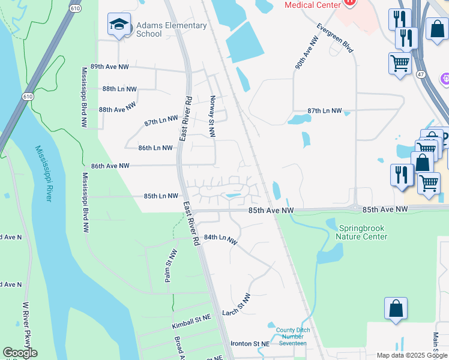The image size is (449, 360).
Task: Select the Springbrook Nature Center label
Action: point(363,232)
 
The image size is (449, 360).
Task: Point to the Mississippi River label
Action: point(43,173)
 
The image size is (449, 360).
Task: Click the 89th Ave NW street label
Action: point(109,67)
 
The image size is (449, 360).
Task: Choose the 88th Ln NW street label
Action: point(119,89)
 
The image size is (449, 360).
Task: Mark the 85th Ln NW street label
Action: point(160,196)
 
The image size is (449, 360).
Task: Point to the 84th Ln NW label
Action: point(221,239)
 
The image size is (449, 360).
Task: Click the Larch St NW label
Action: point(236,305)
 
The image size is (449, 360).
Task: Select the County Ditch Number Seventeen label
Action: point(291,336)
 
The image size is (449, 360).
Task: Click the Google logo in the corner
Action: point(20,353)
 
